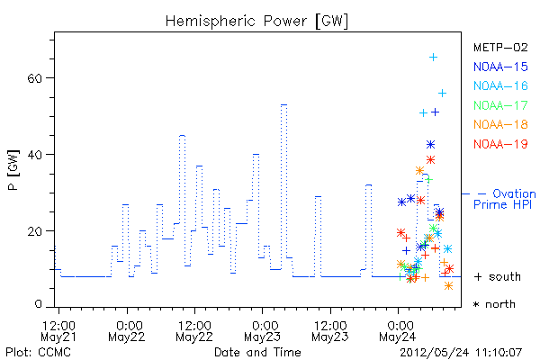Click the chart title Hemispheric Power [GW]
[256, 21]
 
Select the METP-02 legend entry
[500, 48]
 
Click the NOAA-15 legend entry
[500, 67]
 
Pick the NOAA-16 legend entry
[500, 85]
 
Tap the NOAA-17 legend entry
[500, 105]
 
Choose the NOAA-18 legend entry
[500, 124]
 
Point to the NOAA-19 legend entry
[500, 144]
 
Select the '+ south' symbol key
[498, 276]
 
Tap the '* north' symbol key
[494, 304]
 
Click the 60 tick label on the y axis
[35, 78]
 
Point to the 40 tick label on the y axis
[35, 155]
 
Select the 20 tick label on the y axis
[35, 231]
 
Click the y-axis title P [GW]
[13, 170]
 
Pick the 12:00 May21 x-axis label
[58, 330]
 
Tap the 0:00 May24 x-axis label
[398, 330]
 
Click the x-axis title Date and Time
[257, 353]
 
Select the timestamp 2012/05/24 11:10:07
[461, 353]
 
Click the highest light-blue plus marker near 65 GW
[433, 58]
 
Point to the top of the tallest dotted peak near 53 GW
[283, 104]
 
